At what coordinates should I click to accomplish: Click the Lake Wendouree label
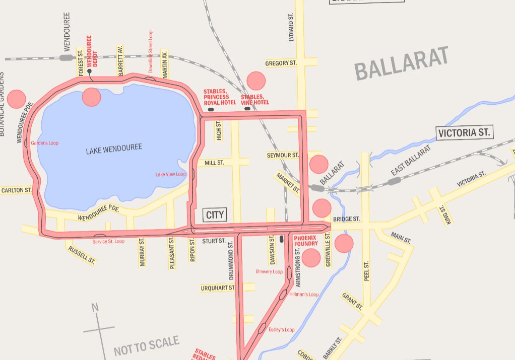pyautogui.click(x=113, y=150)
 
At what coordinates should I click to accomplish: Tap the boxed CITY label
pyautogui.click(x=215, y=215)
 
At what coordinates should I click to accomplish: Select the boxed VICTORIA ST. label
pyautogui.click(x=464, y=133)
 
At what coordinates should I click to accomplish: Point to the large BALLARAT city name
pyautogui.click(x=401, y=63)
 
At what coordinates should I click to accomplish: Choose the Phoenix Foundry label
pyautogui.click(x=305, y=241)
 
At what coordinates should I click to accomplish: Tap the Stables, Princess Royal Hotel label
pyautogui.click(x=220, y=97)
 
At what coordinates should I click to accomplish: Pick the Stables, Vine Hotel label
pyautogui.click(x=254, y=100)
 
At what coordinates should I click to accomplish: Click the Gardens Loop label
pyautogui.click(x=44, y=143)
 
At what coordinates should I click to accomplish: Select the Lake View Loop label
pyautogui.click(x=170, y=174)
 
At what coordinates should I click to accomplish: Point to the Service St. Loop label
pyautogui.click(x=108, y=242)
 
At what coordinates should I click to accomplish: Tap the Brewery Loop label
pyautogui.click(x=269, y=272)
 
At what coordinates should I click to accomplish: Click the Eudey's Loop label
pyautogui.click(x=281, y=330)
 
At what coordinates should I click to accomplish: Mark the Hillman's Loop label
pyautogui.click(x=304, y=295)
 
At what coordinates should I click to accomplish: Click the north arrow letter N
pyautogui.click(x=95, y=308)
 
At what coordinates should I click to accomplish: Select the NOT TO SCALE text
pyautogui.click(x=147, y=346)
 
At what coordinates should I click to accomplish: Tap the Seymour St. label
pyautogui.click(x=283, y=156)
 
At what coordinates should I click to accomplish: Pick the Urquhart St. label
pyautogui.click(x=218, y=288)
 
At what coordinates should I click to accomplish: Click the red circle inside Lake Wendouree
pyautogui.click(x=92, y=97)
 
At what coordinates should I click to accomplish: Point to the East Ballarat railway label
pyautogui.click(x=411, y=161)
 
